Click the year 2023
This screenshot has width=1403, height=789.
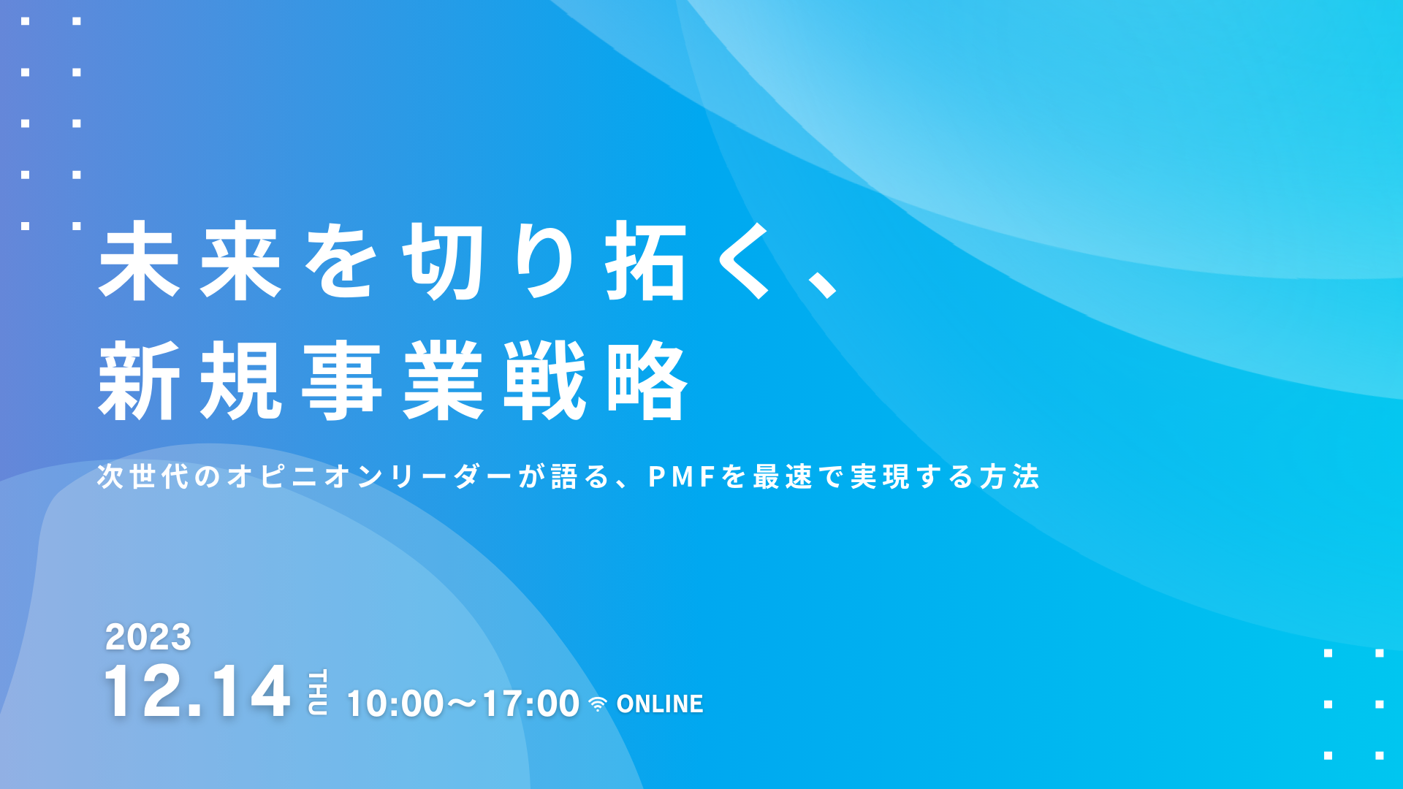148,637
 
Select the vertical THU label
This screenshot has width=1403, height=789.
318,692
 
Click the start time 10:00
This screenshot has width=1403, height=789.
395,704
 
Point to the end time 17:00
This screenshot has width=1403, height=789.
531,704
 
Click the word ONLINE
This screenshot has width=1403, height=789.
660,704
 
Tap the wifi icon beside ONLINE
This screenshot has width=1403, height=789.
598,704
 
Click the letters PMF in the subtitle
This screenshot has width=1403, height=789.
681,477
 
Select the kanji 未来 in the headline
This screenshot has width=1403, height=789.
190,261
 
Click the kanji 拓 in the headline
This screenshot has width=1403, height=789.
646,261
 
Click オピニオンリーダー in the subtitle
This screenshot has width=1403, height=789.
369,476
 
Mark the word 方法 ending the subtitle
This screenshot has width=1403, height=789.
1009,476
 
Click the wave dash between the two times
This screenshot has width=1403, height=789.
463,704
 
